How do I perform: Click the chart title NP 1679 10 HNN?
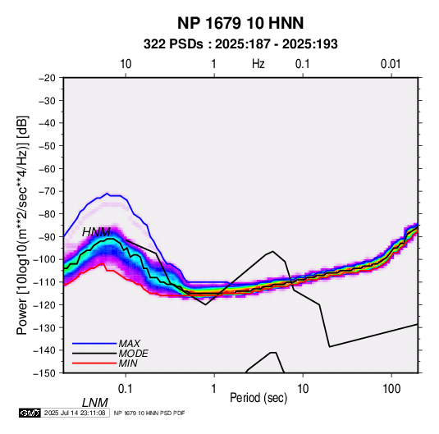240,23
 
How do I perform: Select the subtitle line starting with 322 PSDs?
240,44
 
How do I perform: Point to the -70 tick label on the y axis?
47,191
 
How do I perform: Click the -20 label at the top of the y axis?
47,78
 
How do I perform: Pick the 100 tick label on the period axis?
391,389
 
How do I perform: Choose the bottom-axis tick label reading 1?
214,389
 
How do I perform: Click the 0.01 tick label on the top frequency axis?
391,64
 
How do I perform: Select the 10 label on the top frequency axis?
126,64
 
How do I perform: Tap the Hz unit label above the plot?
258,64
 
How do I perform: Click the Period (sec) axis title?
258,398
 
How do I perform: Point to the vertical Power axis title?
22,225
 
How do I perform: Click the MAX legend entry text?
130,344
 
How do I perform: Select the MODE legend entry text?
133,354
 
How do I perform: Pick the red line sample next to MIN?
94,363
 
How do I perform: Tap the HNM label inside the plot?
96,232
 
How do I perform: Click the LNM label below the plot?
95,403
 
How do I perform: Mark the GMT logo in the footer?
30,413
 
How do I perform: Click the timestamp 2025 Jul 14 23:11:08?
75,413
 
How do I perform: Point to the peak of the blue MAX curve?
107,193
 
